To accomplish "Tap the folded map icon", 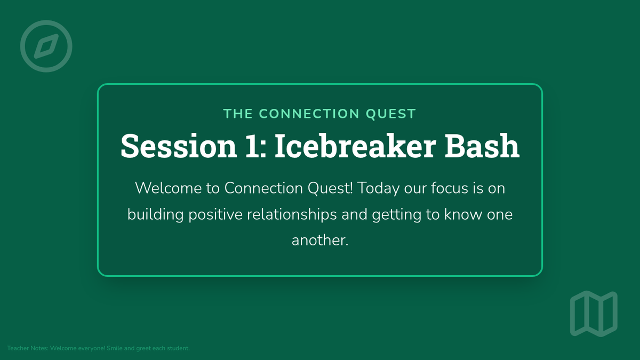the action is point(594,314).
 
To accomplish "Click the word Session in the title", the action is point(179,146).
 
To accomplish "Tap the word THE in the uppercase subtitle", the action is point(238,114).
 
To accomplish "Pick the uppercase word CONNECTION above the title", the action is point(309,114).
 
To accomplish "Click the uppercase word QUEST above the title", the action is point(391,114).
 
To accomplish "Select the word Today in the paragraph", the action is point(378,189).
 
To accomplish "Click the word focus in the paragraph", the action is point(450,188).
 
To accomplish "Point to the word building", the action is point(155,215).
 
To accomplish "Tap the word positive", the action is point(215,215).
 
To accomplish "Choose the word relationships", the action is point(292,215).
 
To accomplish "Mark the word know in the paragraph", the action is point(463,214).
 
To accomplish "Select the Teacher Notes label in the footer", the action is point(28,348).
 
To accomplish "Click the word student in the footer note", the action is point(178,348).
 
